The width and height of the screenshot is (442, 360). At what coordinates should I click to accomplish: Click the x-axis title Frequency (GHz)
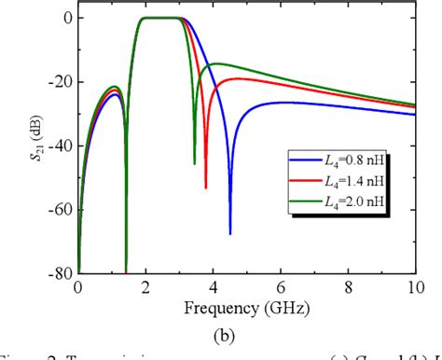pos(247,306)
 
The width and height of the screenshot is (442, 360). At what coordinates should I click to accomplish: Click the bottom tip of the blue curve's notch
pos(230,233)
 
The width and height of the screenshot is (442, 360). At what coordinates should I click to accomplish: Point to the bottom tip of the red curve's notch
pos(206,187)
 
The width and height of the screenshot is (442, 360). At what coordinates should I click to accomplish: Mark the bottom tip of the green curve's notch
pos(195,164)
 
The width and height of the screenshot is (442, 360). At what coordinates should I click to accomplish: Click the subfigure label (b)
pos(246,330)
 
